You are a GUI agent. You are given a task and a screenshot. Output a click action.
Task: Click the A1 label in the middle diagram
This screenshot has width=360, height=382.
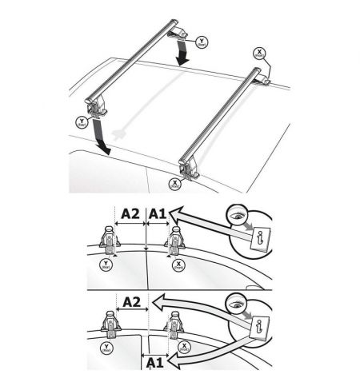158,213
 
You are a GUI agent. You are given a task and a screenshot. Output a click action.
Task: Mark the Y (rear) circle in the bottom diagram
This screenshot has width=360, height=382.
104,346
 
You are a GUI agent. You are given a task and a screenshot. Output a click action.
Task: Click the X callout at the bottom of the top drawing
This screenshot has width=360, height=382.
174,182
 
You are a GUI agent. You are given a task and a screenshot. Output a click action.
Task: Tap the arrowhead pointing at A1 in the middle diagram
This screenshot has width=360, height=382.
178,213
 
